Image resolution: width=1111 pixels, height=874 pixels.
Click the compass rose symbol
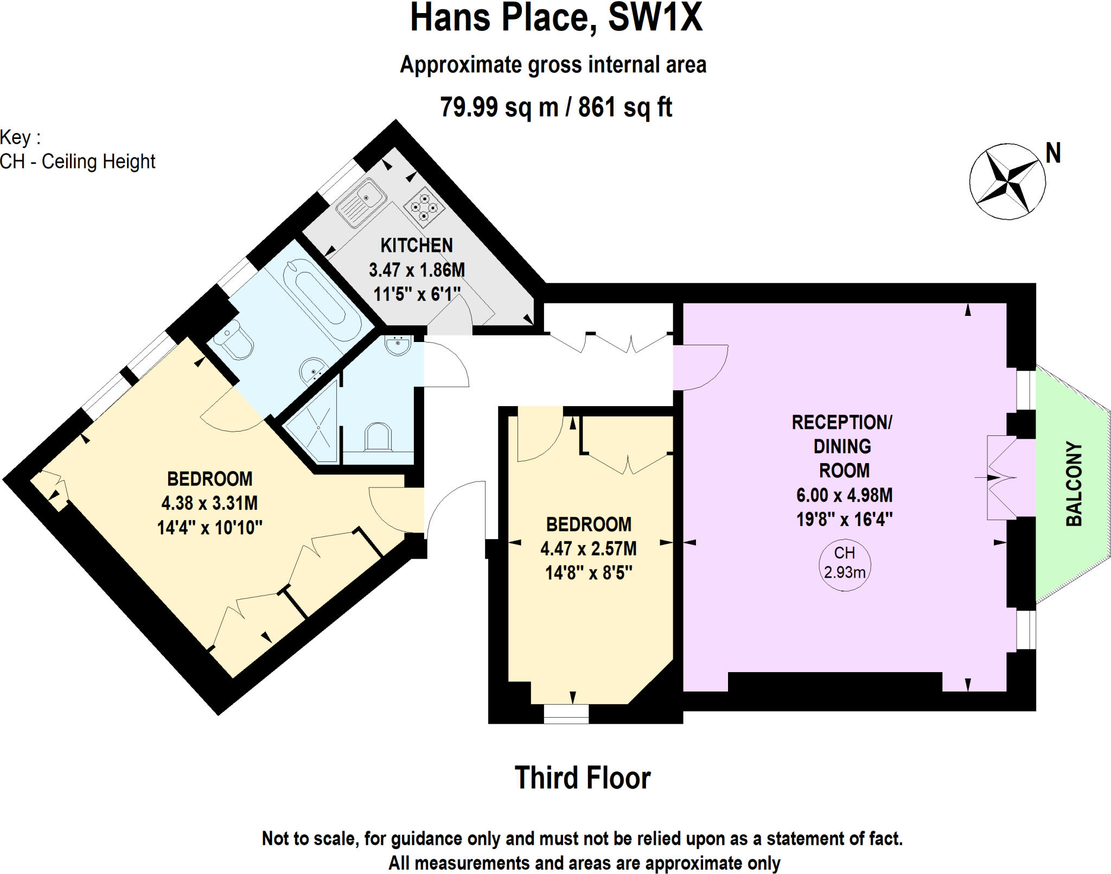point(1007,182)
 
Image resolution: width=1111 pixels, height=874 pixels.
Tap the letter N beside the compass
point(1053,154)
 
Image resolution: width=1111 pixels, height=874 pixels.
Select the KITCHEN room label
point(416,245)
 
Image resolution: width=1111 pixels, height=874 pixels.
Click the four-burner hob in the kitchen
point(424,207)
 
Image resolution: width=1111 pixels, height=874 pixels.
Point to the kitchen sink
point(361,202)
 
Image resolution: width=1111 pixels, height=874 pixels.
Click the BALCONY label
point(1074,484)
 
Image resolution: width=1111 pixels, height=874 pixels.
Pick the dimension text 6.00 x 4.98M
point(844,495)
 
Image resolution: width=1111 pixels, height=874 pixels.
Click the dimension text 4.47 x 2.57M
point(589,549)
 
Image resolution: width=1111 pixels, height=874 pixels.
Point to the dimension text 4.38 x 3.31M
point(209,503)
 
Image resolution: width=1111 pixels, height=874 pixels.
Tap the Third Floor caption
point(582,778)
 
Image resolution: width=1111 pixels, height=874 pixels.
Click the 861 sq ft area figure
point(625,107)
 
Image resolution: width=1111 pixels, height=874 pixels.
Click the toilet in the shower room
point(378,438)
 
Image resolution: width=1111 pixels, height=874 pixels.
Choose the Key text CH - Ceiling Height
point(78,162)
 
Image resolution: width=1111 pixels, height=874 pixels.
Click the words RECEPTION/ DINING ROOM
point(842,446)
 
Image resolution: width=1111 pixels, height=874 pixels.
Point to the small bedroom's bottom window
point(566,713)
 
